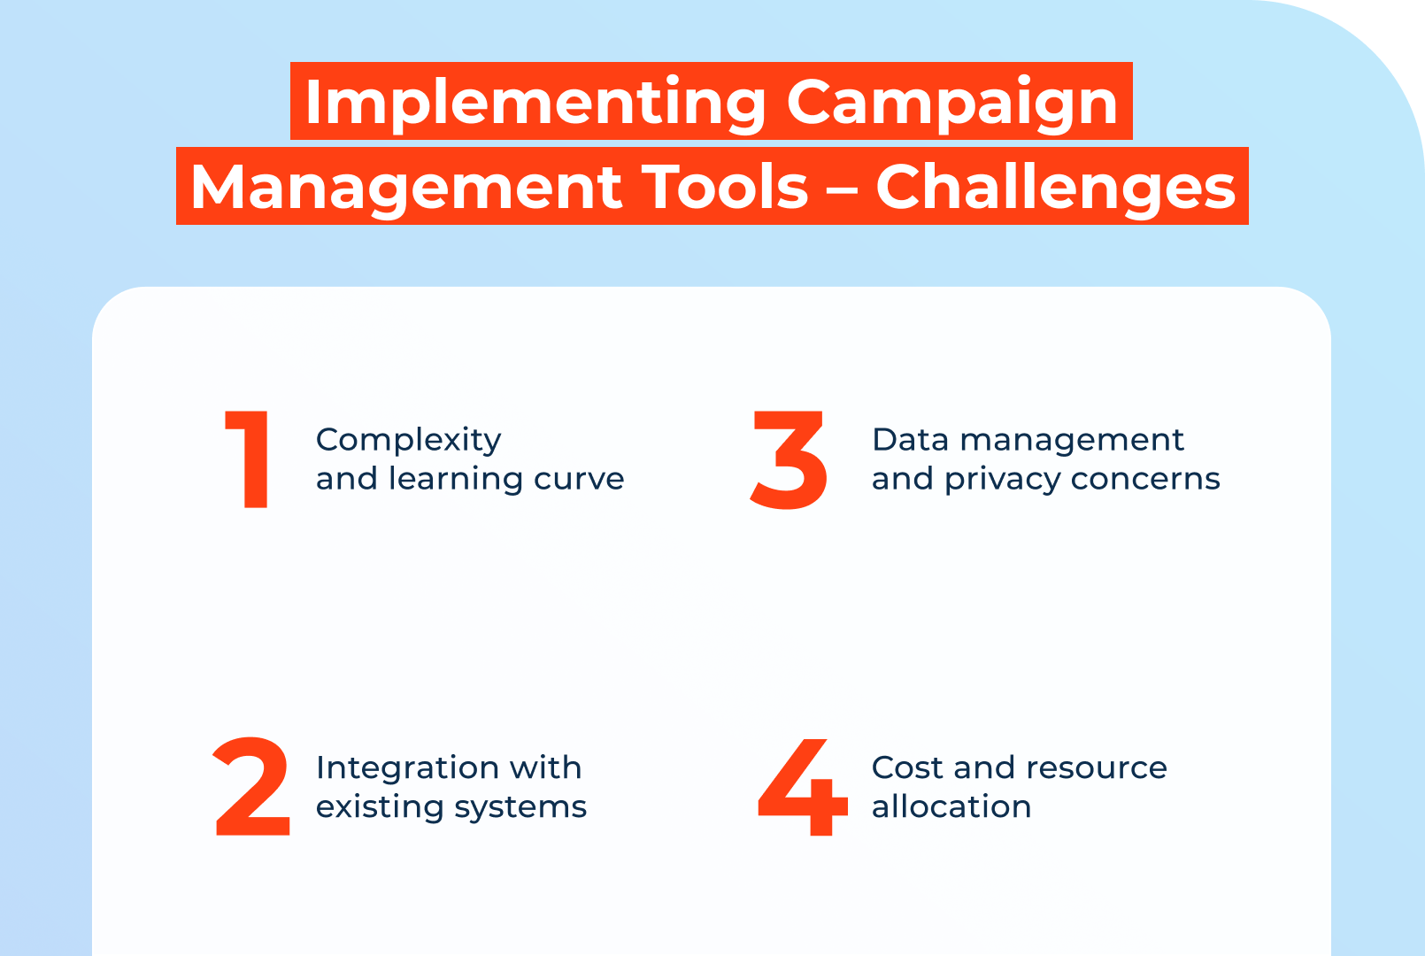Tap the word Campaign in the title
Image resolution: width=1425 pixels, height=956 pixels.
point(952,103)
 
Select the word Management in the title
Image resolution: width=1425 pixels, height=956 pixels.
point(404,187)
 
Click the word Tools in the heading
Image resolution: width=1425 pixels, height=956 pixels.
point(725,187)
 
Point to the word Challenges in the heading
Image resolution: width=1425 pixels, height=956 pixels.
point(1055,187)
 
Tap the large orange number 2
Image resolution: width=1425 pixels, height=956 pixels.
point(252,787)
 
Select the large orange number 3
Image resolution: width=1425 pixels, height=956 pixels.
point(789,459)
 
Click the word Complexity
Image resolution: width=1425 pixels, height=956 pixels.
point(408,440)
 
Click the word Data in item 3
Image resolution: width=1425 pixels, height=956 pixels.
point(910,440)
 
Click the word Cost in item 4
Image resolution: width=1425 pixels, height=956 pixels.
point(906,767)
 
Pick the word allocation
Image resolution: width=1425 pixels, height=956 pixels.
point(951,806)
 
